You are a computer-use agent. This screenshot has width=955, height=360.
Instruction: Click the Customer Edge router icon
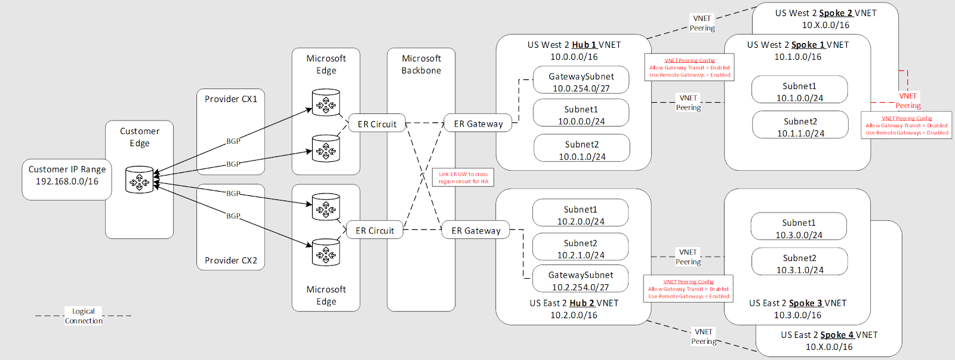tap(140, 179)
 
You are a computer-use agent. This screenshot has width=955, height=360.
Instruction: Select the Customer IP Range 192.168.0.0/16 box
tap(67, 179)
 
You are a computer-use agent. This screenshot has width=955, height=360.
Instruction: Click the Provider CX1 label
tap(231, 99)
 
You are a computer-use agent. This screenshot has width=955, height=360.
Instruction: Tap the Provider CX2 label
tap(231, 260)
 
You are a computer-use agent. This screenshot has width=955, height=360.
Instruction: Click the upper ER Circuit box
tap(377, 124)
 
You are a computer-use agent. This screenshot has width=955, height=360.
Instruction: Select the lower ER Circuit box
tap(375, 230)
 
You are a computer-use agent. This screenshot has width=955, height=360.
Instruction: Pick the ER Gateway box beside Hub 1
tap(478, 124)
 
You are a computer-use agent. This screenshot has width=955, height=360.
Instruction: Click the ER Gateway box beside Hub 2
tap(476, 230)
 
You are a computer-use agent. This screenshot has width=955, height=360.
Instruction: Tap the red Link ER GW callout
tap(463, 178)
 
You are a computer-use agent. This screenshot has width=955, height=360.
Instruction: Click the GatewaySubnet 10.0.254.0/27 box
tap(581, 82)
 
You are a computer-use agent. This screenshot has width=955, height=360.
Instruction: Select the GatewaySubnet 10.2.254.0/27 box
tap(581, 280)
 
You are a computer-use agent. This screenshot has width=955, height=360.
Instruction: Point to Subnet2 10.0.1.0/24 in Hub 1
tap(582, 150)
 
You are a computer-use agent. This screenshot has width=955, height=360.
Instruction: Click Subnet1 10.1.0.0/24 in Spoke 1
tap(799, 91)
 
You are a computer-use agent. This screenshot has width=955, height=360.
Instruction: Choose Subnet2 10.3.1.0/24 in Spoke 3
tap(799, 263)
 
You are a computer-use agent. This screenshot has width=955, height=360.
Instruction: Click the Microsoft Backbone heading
tap(421, 64)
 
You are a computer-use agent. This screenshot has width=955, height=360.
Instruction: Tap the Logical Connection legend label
tap(84, 316)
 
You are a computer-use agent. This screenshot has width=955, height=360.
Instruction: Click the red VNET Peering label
tap(908, 100)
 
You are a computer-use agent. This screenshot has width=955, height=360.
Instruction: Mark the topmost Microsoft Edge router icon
tap(326, 103)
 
